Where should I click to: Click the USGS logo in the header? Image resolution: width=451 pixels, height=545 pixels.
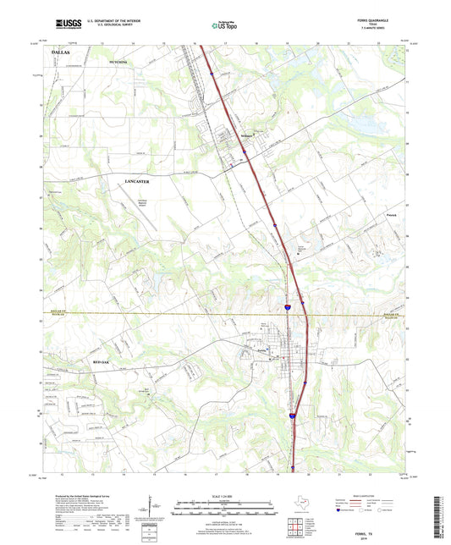click(69, 25)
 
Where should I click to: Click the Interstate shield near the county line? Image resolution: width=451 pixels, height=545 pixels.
click(289, 308)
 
